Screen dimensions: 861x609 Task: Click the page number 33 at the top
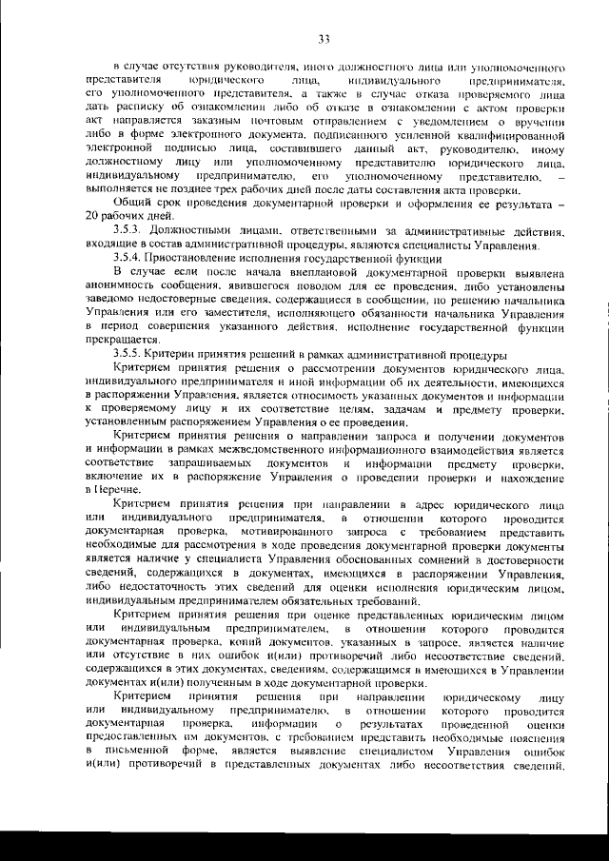(323, 38)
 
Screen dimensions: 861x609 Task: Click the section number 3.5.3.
(128, 232)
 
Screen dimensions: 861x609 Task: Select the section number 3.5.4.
(128, 259)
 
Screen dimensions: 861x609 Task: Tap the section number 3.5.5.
(128, 352)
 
